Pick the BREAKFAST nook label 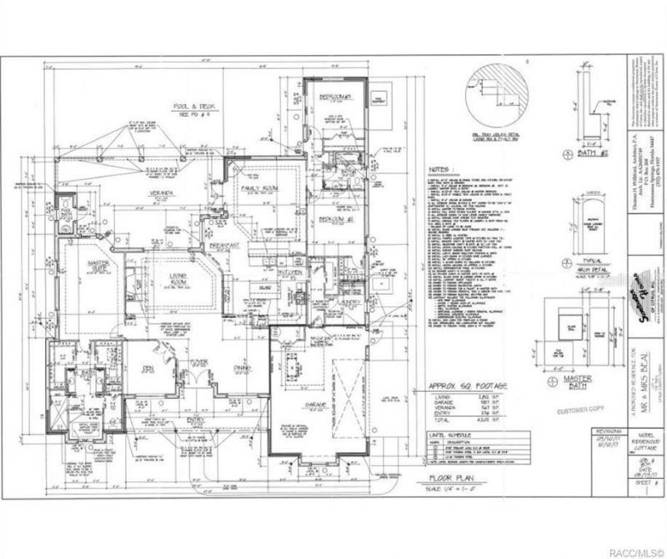click(x=224, y=246)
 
